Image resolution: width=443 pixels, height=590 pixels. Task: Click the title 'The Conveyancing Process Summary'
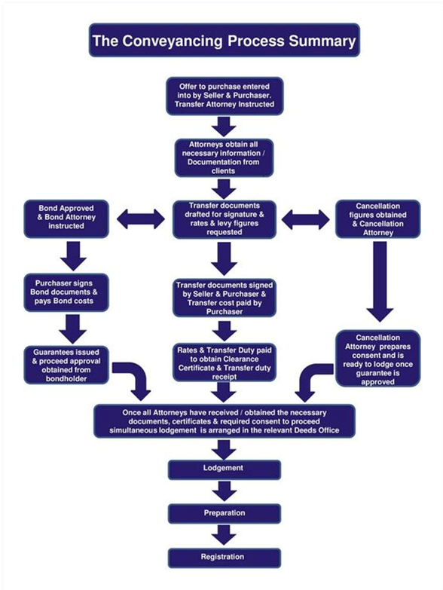point(224,40)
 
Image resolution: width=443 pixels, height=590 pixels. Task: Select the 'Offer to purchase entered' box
point(225,96)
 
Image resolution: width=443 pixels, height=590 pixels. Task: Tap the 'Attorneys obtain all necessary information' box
point(224,157)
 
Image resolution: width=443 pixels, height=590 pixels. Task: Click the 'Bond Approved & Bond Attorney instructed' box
point(66,219)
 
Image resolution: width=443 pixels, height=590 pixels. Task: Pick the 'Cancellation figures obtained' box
point(378,219)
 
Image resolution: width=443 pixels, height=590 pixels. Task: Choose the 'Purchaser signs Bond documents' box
point(66,292)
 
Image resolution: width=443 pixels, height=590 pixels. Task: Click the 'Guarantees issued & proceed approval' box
point(66,365)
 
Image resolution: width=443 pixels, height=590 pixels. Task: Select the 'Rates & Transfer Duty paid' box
point(225,362)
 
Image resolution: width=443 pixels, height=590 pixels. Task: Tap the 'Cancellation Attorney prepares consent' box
point(378,359)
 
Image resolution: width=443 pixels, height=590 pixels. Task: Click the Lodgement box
point(224,469)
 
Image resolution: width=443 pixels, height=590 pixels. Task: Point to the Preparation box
point(224,514)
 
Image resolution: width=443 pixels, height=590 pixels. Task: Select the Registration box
point(224,558)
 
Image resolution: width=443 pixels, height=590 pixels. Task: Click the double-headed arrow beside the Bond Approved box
point(141,219)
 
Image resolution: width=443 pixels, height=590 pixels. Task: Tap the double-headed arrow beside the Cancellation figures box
point(305,220)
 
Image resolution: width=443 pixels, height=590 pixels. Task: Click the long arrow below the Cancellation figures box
point(380,282)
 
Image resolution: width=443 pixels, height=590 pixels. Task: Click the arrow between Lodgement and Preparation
point(224,491)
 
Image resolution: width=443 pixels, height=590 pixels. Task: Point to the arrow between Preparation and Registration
point(224,535)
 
